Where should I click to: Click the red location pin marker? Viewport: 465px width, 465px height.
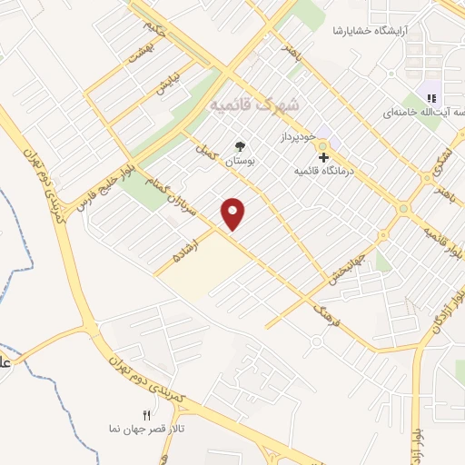point(234,213)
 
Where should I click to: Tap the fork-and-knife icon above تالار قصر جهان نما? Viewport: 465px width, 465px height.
point(159,415)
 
